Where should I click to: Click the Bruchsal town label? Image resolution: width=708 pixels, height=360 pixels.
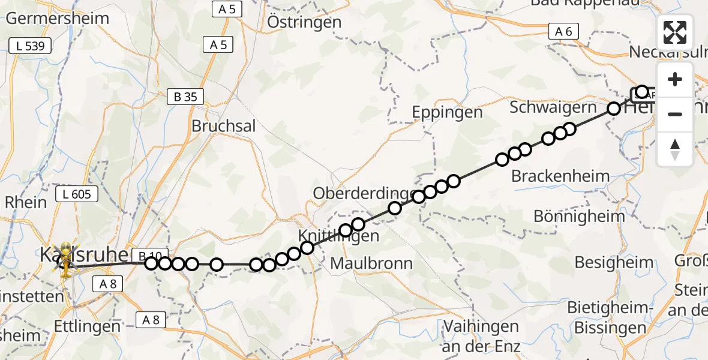coord(223,126)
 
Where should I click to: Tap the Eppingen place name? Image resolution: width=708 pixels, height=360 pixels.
coord(448,112)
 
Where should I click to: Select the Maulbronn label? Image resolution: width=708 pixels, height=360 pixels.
coord(371,263)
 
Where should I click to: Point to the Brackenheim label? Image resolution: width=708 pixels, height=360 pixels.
coord(560,176)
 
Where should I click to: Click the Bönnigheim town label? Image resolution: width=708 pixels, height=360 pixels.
coord(571,217)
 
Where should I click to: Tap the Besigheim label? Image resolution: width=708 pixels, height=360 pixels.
coord(614,262)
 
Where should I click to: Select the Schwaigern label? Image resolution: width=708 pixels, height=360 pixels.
coord(553,107)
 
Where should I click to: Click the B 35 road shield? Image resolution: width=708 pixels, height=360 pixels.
coord(185,97)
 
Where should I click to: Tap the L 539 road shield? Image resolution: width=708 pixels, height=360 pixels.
coord(31,46)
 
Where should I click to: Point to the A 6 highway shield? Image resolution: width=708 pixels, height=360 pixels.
coord(565,32)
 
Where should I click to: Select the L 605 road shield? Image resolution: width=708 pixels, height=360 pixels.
coord(77,194)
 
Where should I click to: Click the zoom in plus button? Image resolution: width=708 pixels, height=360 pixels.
coord(675,80)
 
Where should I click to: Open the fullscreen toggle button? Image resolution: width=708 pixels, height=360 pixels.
coord(675,32)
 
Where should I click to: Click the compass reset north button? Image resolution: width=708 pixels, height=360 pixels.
coord(675,148)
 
